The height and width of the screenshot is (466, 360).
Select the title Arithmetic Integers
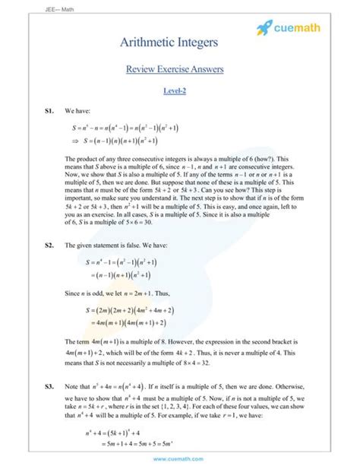click(179, 43)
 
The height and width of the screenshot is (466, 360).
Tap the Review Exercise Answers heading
click(179, 70)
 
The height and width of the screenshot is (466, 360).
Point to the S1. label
click(50, 111)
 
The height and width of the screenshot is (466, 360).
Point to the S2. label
click(50, 246)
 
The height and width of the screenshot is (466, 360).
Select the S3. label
click(50, 387)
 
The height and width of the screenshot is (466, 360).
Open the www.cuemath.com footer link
click(179, 458)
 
